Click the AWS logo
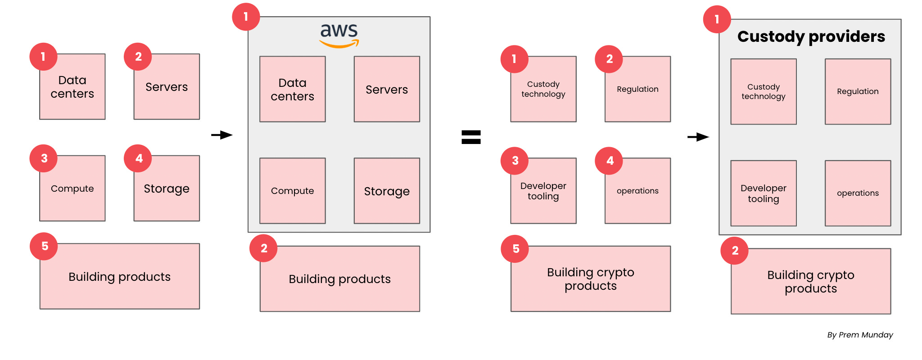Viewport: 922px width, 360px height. click(x=339, y=35)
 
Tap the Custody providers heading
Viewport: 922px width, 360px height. click(x=811, y=36)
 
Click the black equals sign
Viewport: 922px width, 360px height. click(x=471, y=137)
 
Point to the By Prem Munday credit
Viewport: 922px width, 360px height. click(x=860, y=335)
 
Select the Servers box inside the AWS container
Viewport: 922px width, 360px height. click(x=387, y=89)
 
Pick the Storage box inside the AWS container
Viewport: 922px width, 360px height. click(x=387, y=191)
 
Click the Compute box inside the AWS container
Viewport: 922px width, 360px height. click(x=293, y=191)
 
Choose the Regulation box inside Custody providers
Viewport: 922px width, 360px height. click(x=858, y=91)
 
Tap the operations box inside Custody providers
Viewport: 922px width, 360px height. click(x=858, y=193)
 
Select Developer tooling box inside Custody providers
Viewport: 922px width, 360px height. click(x=764, y=193)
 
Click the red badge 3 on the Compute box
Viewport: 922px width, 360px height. click(x=44, y=158)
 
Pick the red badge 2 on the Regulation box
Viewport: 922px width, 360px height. click(x=609, y=59)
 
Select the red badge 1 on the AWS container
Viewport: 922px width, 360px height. click(x=246, y=17)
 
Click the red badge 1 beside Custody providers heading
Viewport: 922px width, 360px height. click(x=717, y=19)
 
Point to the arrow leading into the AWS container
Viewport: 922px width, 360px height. click(x=222, y=135)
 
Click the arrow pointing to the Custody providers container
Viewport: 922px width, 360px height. click(x=698, y=137)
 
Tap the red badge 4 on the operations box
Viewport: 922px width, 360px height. click(x=609, y=161)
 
